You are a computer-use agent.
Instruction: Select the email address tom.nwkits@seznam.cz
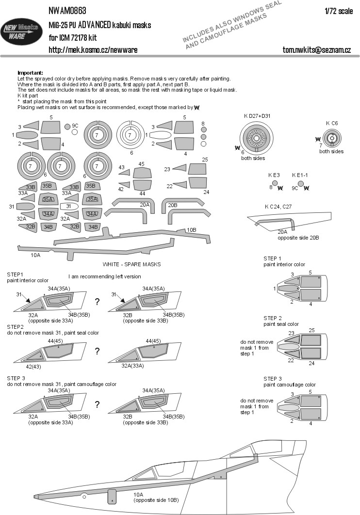(x=317, y=50)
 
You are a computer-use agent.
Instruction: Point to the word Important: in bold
(x=30, y=72)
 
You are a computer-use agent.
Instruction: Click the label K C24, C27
(x=278, y=207)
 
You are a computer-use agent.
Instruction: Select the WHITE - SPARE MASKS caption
(x=131, y=264)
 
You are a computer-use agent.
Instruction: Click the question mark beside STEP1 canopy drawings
(x=98, y=302)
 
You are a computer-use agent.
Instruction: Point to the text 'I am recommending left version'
(x=105, y=276)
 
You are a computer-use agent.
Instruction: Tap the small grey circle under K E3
(x=275, y=183)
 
